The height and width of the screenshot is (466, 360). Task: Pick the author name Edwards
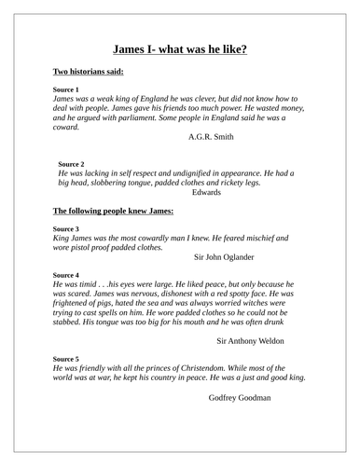click(208, 193)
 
